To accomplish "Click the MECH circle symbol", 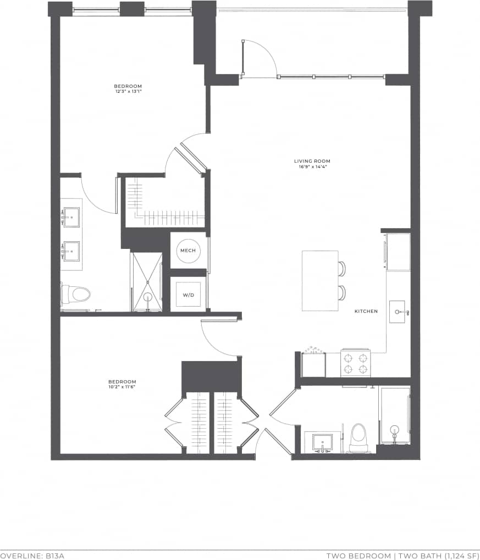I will (189, 251).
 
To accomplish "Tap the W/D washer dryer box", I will (189, 295).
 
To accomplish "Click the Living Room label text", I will (312, 161).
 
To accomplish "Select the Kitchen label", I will (366, 311).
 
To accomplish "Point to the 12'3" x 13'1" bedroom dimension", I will (128, 92).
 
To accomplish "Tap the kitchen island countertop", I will (320, 280).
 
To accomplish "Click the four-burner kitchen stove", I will (355, 363).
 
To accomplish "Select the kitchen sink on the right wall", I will (397, 312).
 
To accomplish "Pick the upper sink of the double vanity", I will (71, 217).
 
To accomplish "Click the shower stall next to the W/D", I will (147, 282).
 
